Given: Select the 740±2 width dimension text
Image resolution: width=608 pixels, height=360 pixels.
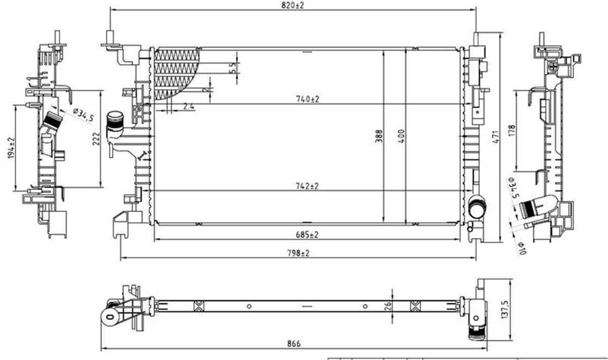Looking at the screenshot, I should click(x=308, y=100).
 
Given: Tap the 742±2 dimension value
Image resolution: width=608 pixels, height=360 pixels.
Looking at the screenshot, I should click(x=308, y=186).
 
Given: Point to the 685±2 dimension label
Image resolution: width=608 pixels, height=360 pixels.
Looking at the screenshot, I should click(x=308, y=234).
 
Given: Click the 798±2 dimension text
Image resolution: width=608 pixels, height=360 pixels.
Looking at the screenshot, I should click(x=299, y=253).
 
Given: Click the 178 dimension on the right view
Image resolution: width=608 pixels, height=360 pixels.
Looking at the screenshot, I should click(x=511, y=130).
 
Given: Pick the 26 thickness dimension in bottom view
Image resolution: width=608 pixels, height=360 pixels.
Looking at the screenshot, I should click(x=388, y=305).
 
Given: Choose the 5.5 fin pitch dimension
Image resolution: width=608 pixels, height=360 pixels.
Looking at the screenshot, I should click(x=233, y=68).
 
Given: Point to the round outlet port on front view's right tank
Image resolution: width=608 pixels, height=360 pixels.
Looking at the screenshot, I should click(x=476, y=207).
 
